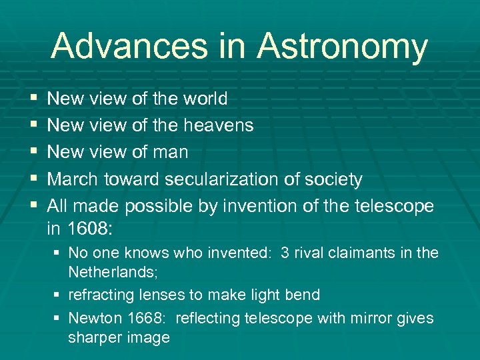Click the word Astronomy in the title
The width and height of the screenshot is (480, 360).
coord(342,47)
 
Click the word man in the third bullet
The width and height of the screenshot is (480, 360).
coord(171,152)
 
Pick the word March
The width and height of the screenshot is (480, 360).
coord(73,179)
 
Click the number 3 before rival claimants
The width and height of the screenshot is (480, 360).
coord(285,253)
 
